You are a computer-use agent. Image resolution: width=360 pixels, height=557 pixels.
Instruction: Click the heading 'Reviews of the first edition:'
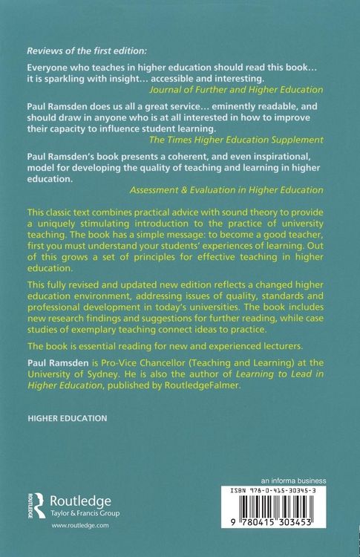coord(87,51)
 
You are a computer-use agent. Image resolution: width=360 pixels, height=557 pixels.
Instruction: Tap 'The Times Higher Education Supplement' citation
coord(231,139)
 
